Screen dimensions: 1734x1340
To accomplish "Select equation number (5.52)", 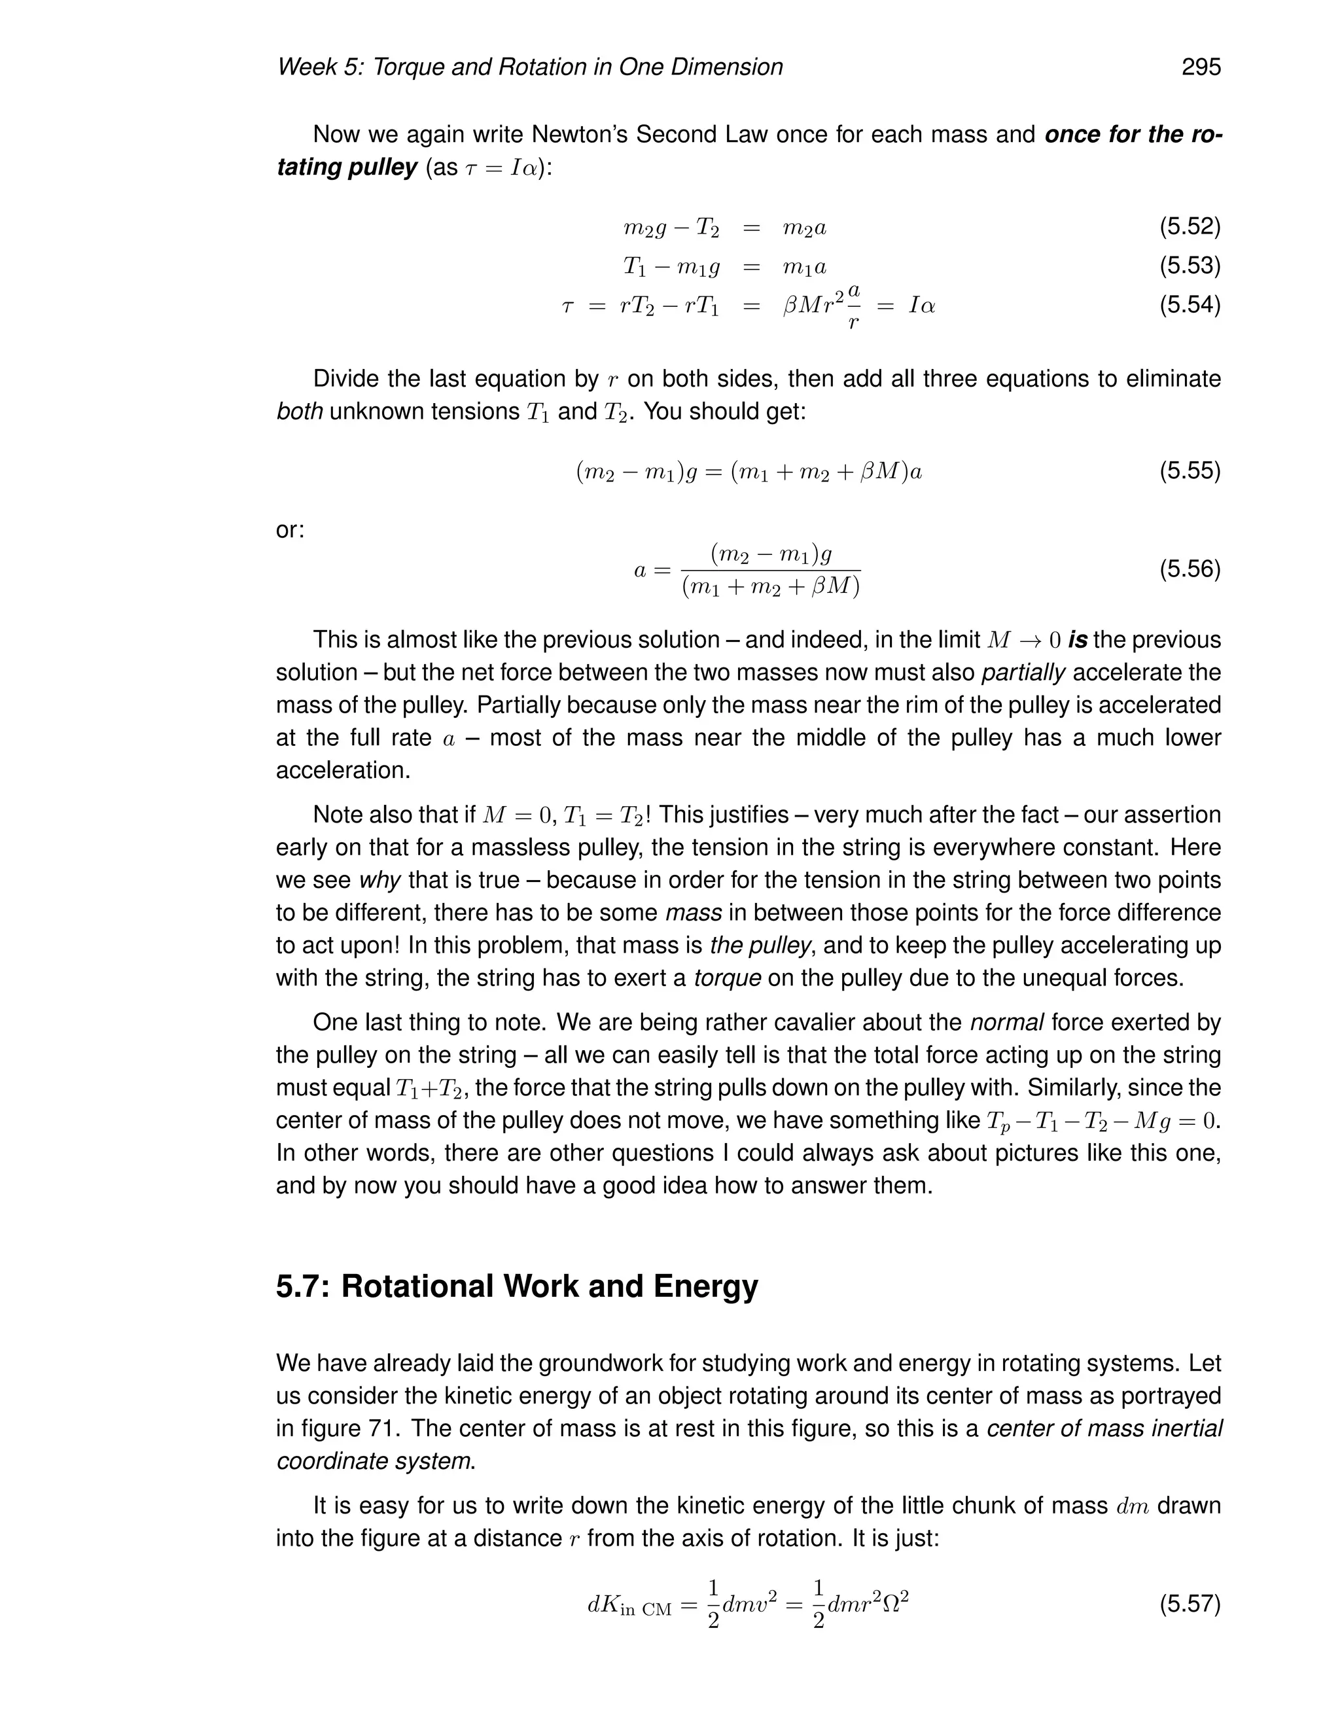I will coord(1189,227).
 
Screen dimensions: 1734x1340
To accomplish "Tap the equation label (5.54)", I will coord(1189,304).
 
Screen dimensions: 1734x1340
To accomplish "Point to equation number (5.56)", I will coord(1189,569).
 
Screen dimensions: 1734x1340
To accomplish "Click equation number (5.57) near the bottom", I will coord(1189,1604).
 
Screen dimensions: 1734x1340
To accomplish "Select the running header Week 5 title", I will coord(529,67).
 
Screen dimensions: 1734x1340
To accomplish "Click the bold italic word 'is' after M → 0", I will coord(1077,639).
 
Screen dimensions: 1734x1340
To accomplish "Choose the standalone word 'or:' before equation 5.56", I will coord(290,529).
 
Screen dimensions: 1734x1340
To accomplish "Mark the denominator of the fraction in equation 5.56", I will coord(771,588).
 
